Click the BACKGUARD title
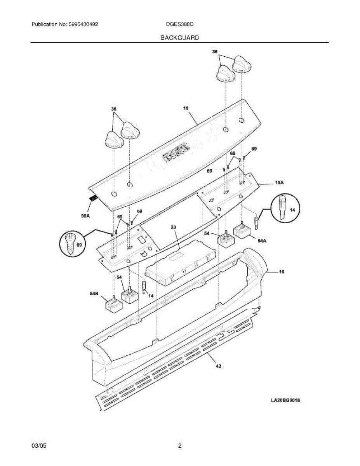tap(180, 38)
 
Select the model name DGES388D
tap(179, 24)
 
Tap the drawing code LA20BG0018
tap(285, 400)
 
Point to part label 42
tap(219, 366)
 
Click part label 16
tap(282, 272)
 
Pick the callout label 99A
tap(86, 216)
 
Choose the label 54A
tap(262, 241)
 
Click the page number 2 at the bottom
tap(180, 446)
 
